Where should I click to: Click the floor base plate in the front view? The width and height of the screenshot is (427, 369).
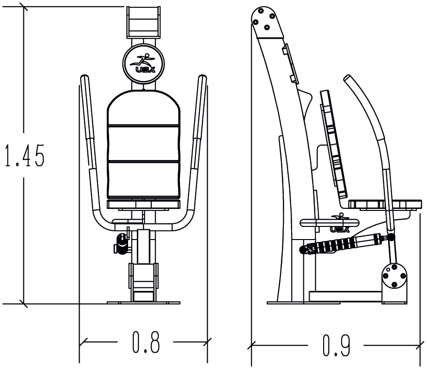[143, 303]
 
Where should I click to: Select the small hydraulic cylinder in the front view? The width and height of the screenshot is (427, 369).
[122, 243]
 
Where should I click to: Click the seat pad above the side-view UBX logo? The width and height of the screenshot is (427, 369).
[330, 222]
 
